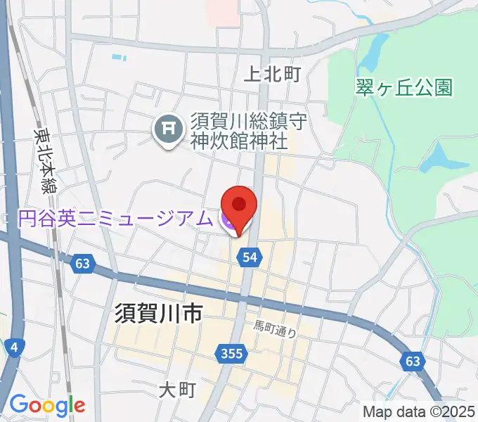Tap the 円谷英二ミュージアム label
coord(114,219)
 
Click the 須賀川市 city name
coord(158,313)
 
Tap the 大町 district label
coord(176,389)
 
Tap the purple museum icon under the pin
coord(228,221)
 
